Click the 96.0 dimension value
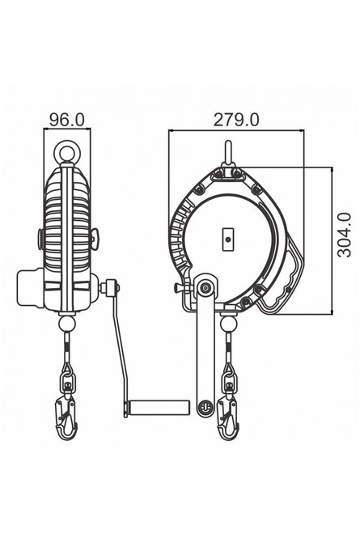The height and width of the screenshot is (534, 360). tap(67, 120)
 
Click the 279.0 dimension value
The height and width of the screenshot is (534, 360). tap(236, 120)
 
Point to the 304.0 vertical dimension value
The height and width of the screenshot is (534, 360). tap(344, 235)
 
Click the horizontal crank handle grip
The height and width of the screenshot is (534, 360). tap(158, 407)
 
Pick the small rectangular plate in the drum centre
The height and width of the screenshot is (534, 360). tap(229, 239)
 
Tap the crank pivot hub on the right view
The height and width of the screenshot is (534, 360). tap(205, 288)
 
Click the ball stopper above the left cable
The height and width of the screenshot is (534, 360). tap(67, 324)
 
